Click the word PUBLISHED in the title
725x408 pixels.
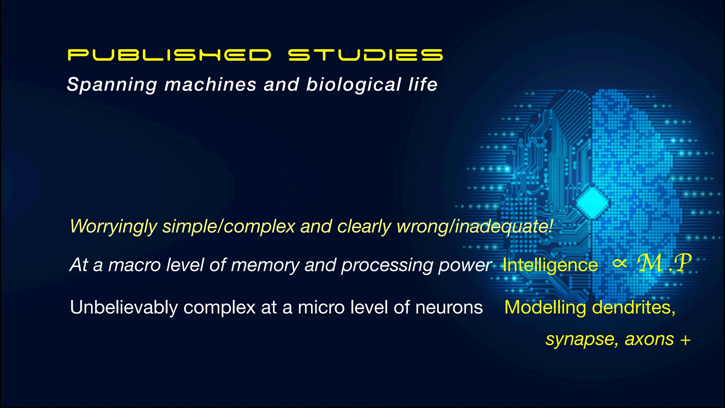pos(169,55)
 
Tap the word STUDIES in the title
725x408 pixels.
pos(365,55)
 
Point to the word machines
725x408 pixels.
pos(210,85)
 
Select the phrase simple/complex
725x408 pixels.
pos(229,226)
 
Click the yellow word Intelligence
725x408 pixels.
pos(550,265)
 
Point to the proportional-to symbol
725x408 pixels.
pos(620,263)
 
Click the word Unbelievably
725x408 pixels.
pos(124,307)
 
